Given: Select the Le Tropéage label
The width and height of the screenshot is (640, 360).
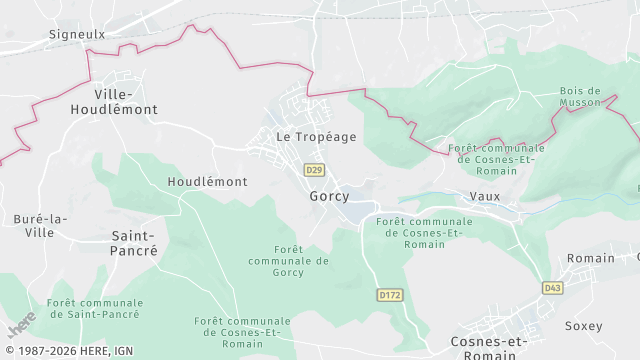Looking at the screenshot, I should tap(316, 137).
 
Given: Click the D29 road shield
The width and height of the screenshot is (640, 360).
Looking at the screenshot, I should tap(315, 170).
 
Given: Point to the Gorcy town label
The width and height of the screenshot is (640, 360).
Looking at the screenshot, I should tap(329, 196).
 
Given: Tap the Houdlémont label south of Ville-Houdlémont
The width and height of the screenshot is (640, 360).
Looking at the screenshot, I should tap(207, 182).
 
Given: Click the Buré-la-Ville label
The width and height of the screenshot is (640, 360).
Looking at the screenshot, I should tap(41, 225).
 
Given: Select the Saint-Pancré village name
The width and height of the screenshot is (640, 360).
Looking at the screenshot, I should tap(134, 243).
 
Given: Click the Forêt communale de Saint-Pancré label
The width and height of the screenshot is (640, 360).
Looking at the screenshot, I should tap(94, 308).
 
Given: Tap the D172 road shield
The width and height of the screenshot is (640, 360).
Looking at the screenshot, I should tap(389, 295).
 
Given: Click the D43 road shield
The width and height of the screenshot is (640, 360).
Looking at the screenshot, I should tap(552, 288).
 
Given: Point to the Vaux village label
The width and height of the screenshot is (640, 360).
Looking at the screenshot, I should tap(484, 197).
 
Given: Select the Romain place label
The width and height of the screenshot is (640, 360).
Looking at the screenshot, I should tap(591, 258).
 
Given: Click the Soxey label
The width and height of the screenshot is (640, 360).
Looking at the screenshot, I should tap(583, 326).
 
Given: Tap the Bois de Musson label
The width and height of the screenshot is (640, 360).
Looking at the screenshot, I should tap(580, 96).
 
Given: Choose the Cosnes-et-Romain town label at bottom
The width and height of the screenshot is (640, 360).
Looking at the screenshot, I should tap(489, 347).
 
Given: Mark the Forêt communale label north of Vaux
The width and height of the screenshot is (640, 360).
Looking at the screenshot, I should tap(497, 159).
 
